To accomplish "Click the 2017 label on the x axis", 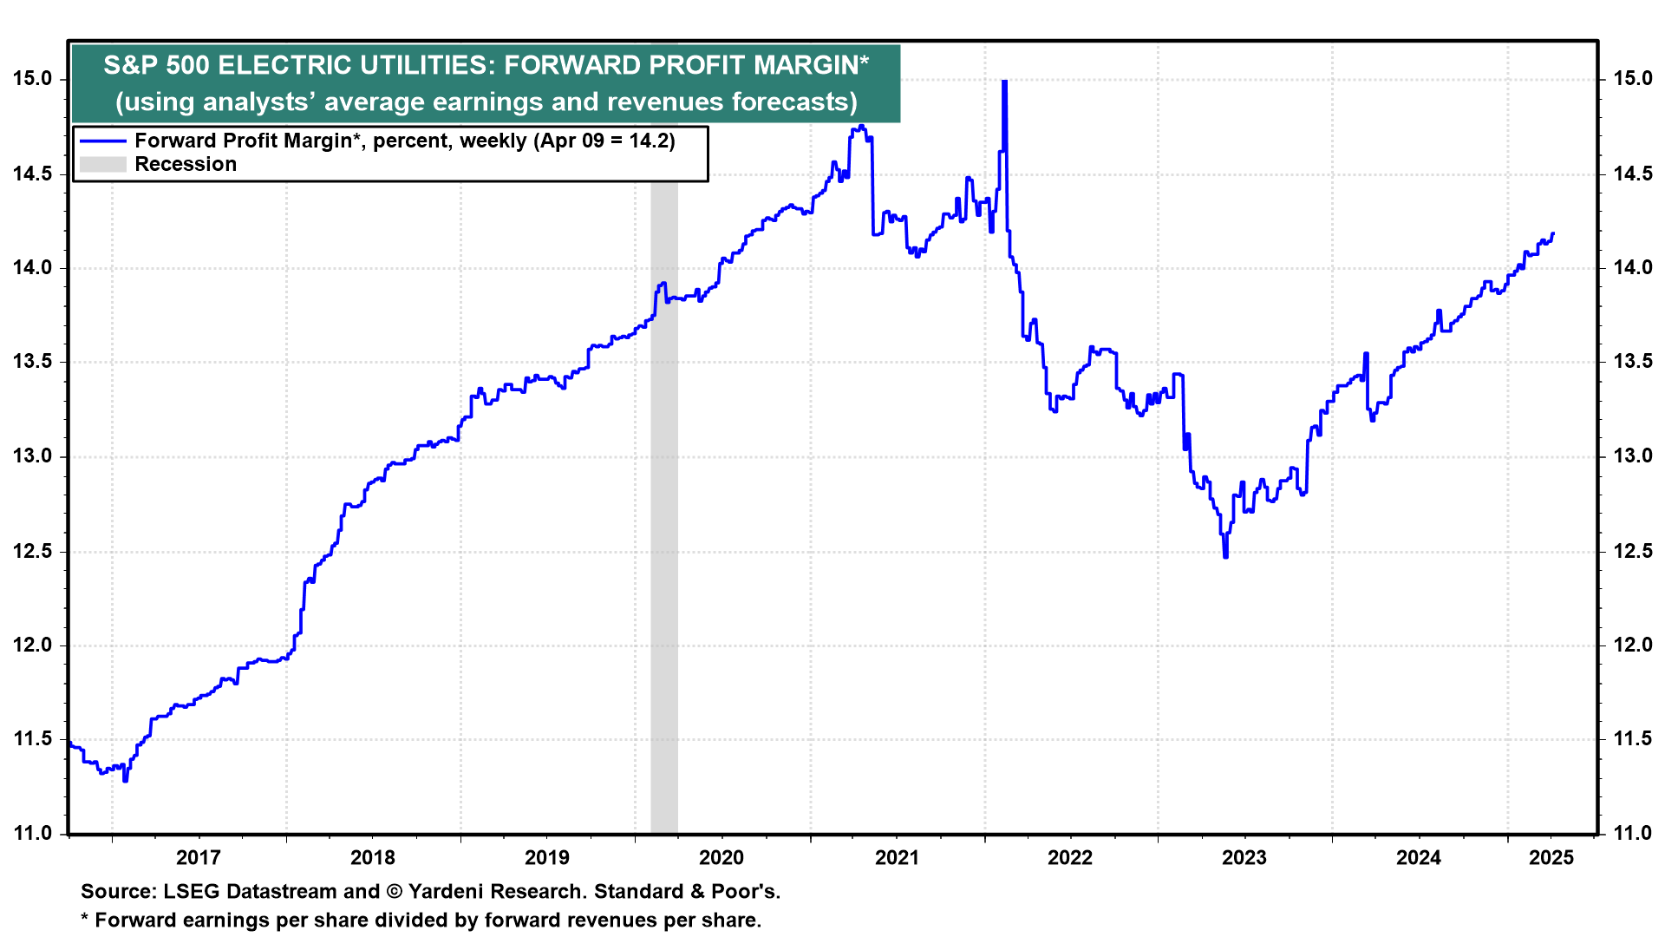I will pos(198,858).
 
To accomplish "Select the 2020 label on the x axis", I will pos(721,858).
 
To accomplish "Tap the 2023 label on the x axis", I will pos(1244,858).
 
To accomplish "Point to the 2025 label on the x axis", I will pos(1551,858).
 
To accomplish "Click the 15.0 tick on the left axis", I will pos(32,79).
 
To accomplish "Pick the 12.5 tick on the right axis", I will pos(1633,551).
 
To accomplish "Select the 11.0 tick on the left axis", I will pos(32,834).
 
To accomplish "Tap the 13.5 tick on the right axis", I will pos(1633,362).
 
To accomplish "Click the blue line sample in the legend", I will pos(103,141).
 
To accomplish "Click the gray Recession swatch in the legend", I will pos(103,164).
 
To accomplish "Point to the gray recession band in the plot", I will pos(664,521).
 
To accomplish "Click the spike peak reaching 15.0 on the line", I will pos(1004,82).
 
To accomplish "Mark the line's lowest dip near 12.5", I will pos(1225,555).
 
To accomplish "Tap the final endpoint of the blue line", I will pos(1552,233).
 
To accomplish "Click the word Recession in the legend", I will pos(186,164).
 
